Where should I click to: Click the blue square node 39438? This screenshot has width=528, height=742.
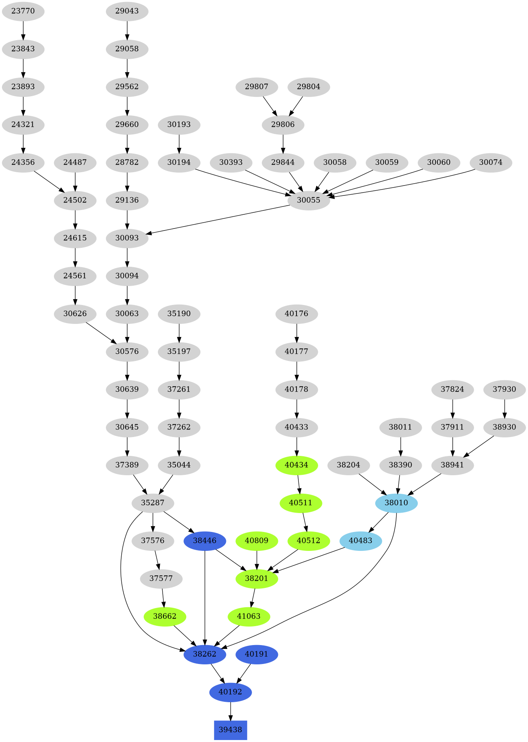[230, 730]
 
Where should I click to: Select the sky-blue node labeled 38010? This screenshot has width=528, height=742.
[396, 503]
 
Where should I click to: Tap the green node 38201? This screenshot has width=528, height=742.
[256, 578]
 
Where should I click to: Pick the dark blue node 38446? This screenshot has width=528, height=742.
[205, 541]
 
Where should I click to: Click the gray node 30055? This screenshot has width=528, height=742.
[308, 200]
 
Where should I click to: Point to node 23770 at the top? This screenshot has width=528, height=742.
[23, 11]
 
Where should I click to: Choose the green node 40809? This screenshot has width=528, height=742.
[256, 541]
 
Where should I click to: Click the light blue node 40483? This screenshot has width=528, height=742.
[360, 541]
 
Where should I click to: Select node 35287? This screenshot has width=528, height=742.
[153, 503]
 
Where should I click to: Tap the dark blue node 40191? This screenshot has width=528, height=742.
[256, 654]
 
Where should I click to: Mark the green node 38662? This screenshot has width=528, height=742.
[165, 616]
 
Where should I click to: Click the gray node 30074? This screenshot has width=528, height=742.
[491, 162]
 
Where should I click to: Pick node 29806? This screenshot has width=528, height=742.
[283, 125]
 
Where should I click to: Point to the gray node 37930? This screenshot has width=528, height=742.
[504, 389]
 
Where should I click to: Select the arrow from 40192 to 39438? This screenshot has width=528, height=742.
[230, 711]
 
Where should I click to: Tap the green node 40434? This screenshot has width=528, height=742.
[296, 465]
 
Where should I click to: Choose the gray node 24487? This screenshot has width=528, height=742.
[75, 162]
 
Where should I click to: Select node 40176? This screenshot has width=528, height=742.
[296, 314]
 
